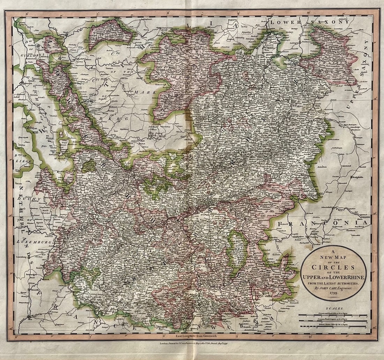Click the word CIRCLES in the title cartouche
[333, 268]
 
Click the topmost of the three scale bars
[333, 315]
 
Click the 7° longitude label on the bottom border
[90, 337]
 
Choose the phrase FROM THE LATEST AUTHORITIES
[333, 282]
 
